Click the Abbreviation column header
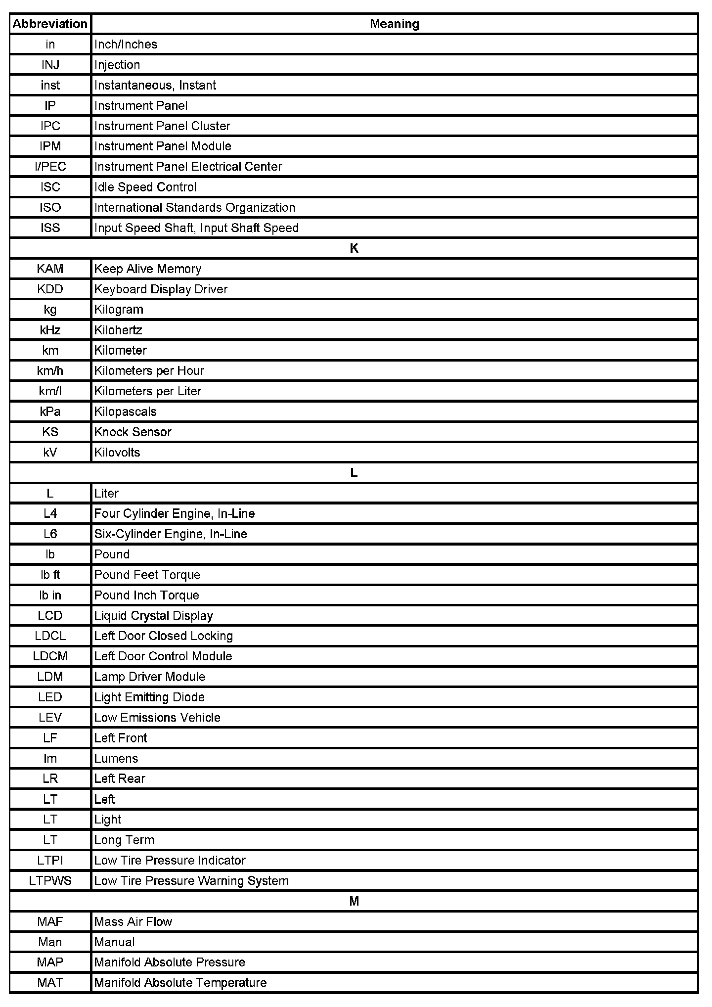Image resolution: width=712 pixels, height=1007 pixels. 50,24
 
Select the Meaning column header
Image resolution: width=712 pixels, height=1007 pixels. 394,24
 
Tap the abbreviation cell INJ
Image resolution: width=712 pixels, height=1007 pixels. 50,65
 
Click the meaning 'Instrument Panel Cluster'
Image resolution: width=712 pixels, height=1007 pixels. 162,126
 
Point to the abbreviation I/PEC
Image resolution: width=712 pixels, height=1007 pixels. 50,167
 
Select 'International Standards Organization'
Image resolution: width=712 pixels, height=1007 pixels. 194,208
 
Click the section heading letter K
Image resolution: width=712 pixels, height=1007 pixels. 354,248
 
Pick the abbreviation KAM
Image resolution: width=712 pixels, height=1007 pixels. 50,269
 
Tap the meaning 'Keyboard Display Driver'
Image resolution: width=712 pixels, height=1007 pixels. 161,289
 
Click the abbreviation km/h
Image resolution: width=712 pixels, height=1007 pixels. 50,371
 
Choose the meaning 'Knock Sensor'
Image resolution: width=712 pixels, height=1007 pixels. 133,432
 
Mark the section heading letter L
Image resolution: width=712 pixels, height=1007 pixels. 354,473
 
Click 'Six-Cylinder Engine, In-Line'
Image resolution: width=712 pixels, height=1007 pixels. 171,534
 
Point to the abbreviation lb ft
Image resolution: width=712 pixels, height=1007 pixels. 50,575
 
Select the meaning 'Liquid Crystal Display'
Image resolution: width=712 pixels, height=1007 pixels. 153,616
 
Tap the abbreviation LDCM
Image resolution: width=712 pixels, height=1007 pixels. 50,656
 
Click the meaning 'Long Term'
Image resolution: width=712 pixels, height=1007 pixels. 124,840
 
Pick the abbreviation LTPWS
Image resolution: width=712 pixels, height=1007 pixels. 50,881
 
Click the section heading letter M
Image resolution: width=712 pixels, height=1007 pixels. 354,901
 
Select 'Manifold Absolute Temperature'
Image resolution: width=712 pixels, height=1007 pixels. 180,983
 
